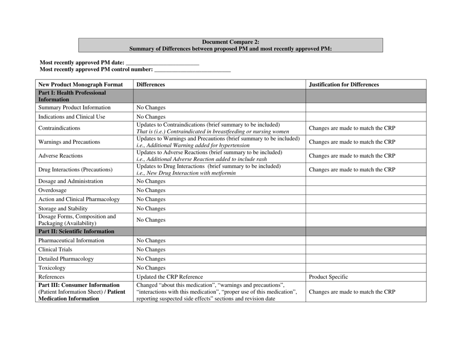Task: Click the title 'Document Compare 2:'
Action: click(231, 42)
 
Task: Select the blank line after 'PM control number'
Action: click(192, 71)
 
